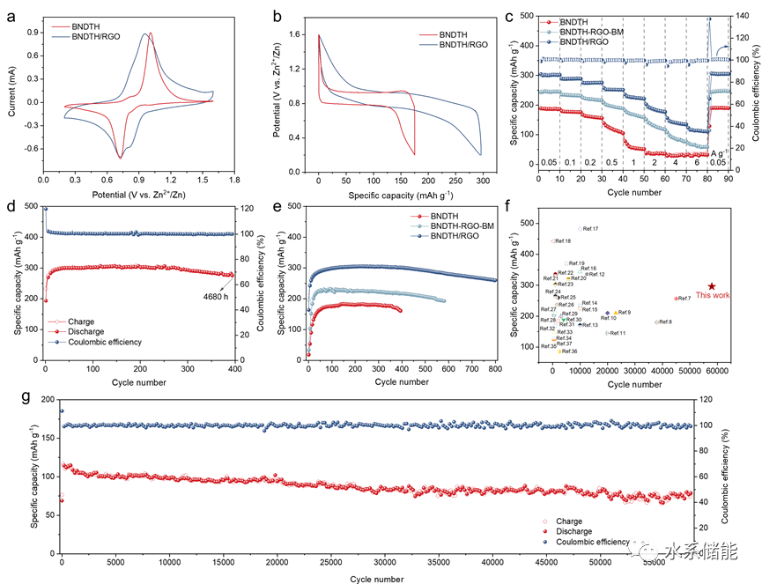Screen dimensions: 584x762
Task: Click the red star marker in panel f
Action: pyautogui.click(x=712, y=286)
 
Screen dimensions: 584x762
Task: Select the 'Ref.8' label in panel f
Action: pyautogui.click(x=664, y=322)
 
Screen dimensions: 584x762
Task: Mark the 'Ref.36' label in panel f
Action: pyautogui.click(x=568, y=351)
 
